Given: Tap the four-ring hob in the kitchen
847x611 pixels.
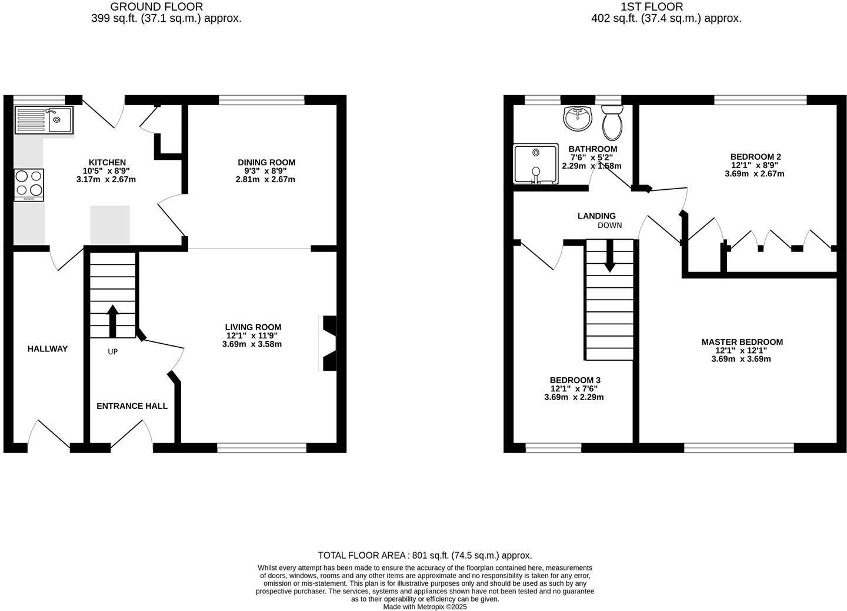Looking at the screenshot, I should click(29, 184).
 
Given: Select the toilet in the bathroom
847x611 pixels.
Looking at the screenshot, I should click(612, 122).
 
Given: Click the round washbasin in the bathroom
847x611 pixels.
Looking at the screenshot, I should click(578, 118).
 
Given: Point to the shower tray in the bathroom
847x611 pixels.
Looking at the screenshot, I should click(535, 164).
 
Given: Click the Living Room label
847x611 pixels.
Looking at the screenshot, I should click(253, 327).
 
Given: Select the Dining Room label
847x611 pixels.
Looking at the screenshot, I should click(266, 162).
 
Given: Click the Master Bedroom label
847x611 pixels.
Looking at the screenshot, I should click(742, 342).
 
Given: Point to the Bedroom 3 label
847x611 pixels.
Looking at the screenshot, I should click(575, 380).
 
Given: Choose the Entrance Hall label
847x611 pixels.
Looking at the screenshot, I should click(132, 406).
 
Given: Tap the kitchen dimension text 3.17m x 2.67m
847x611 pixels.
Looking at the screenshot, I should click(106, 179).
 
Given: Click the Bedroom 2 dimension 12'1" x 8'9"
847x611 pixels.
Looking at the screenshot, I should click(755, 165).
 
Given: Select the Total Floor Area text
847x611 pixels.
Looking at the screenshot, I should click(425, 555).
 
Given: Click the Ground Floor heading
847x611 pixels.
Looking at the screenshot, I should click(156, 7).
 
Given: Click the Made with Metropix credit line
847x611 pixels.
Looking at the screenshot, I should click(425, 607).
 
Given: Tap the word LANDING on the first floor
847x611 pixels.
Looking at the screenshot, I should click(596, 216).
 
